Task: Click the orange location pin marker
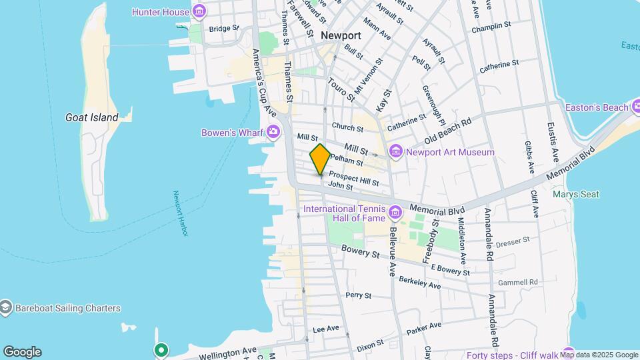(320, 159)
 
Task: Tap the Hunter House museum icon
(199, 11)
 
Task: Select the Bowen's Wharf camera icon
(273, 132)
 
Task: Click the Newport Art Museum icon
(396, 152)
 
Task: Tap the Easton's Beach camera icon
(637, 107)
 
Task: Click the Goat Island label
(92, 117)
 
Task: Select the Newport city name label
(340, 35)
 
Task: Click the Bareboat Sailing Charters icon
(6, 308)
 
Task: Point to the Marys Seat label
(575, 195)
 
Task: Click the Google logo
(21, 352)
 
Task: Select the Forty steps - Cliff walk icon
(568, 353)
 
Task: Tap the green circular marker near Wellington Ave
(161, 349)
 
